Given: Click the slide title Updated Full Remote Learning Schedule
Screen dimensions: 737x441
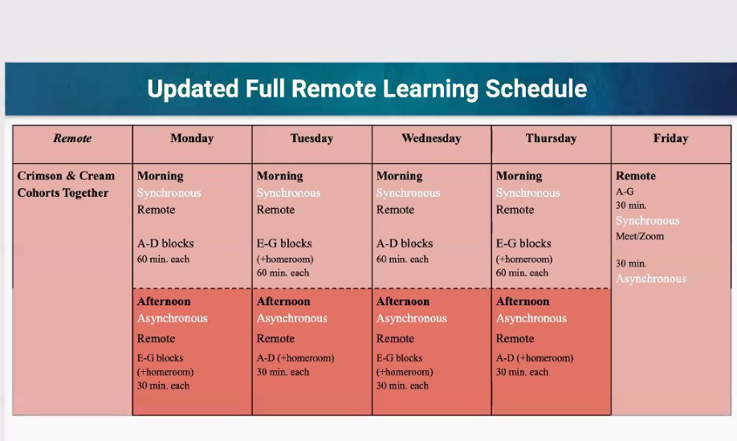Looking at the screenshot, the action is pos(367,89).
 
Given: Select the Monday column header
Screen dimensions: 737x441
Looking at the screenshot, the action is pos(192,138).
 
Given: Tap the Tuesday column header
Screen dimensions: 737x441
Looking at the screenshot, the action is pos(311,138).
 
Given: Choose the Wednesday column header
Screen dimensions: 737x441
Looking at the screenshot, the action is pos(431,138).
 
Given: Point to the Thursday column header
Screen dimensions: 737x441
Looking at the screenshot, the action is pos(551,138).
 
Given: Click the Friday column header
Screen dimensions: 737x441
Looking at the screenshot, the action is pos(670,138).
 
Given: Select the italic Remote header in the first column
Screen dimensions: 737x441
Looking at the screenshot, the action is pos(72,138).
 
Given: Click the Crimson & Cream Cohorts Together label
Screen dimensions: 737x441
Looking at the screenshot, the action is pos(66,184).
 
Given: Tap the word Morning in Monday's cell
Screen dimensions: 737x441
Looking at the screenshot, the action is pos(161,176).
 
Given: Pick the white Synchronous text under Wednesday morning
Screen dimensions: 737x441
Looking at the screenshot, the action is pos(408,193).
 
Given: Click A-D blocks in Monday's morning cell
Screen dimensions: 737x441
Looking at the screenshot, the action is pos(165,243).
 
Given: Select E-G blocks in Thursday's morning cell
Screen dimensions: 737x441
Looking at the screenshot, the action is pos(523,243).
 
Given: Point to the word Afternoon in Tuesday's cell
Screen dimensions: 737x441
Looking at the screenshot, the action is pos(283,301).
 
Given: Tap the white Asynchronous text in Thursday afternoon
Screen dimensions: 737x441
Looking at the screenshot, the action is pos(531,318).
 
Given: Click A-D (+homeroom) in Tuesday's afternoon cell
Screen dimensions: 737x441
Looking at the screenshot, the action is pos(295,358).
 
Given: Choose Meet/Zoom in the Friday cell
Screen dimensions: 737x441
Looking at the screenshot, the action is pos(640,236).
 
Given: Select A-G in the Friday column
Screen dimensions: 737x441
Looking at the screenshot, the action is pos(625,192).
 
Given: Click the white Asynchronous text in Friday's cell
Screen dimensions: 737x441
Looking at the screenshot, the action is pos(651,279).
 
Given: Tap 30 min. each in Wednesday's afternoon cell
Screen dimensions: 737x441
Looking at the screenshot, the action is pos(402,386).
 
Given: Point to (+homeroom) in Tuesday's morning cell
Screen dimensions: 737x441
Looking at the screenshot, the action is pos(285,259).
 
